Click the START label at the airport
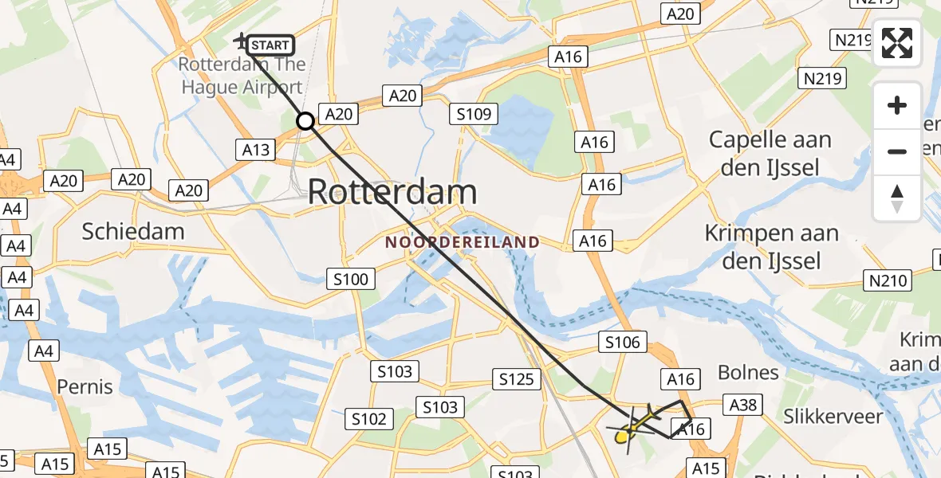270,45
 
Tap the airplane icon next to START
241,40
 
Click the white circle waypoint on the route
305,121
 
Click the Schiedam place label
133,232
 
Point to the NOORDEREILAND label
463,242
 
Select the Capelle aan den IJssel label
770,153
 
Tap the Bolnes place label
748,372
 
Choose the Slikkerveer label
833,416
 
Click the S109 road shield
474,115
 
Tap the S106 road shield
622,343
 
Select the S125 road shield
516,379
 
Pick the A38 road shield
742,405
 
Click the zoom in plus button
897,105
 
